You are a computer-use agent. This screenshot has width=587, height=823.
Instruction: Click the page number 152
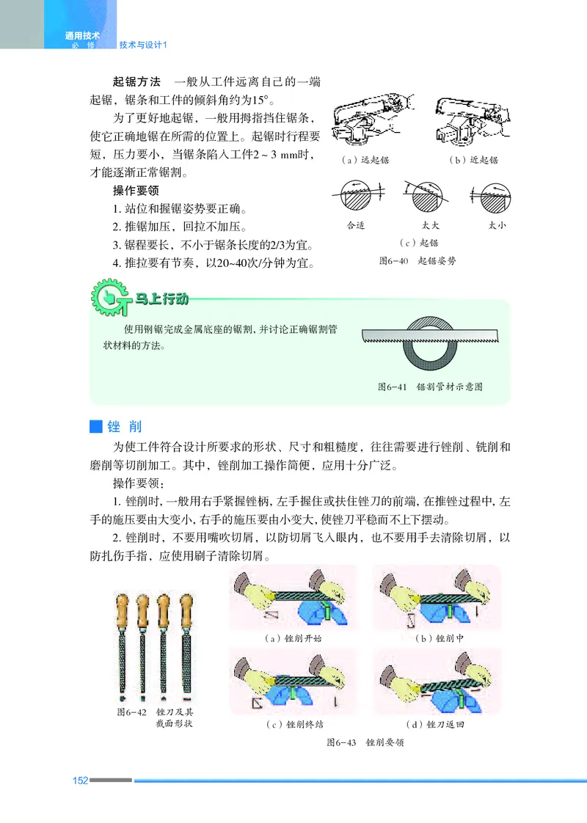click(x=80, y=780)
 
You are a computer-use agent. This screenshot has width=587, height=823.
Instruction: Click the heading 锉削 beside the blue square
click(x=124, y=426)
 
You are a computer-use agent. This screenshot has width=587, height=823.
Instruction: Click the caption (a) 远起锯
click(x=365, y=159)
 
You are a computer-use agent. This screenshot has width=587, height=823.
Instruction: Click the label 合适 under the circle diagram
click(x=356, y=225)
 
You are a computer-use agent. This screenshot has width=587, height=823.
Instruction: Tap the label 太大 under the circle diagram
click(x=431, y=225)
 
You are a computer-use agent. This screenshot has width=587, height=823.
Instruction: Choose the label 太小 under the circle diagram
click(x=497, y=225)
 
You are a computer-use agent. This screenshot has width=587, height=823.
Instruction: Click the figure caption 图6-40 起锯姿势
click(x=417, y=260)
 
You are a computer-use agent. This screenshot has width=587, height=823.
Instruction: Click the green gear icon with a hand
click(x=108, y=298)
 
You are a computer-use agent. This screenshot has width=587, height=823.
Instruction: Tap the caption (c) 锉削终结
click(x=294, y=725)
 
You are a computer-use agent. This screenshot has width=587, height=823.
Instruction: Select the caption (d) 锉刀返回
click(x=439, y=725)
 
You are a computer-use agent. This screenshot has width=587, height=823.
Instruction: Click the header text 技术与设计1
click(x=144, y=44)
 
